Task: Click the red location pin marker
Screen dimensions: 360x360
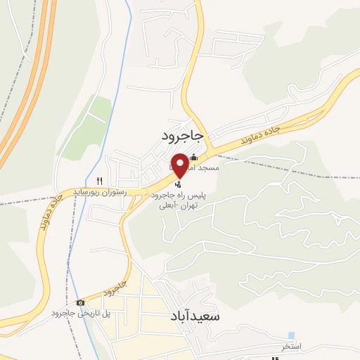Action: tap(180, 163)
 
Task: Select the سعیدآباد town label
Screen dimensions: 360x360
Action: tap(195, 317)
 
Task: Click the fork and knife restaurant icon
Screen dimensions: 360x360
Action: tap(100, 180)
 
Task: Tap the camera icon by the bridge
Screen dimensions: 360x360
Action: tap(81, 302)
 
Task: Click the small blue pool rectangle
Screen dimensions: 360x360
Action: tap(290, 335)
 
